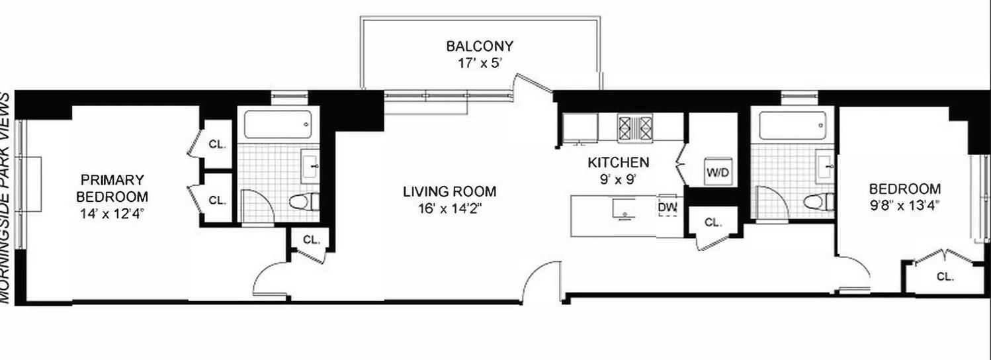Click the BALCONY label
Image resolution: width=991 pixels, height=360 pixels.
pyautogui.click(x=480, y=46)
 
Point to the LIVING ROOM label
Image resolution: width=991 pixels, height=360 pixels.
pyautogui.click(x=450, y=192)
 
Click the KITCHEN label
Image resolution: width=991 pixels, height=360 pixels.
pyautogui.click(x=619, y=162)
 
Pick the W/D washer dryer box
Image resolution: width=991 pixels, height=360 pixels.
pyautogui.click(x=717, y=173)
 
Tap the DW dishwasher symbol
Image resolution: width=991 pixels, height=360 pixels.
pyautogui.click(x=668, y=208)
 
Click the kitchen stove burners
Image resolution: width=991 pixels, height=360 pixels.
pyautogui.click(x=635, y=128)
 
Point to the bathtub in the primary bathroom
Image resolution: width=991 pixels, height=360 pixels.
pyautogui.click(x=277, y=124)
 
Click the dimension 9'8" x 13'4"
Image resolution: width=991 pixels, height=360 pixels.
pyautogui.click(x=904, y=204)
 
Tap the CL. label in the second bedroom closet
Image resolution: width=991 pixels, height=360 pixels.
pyautogui.click(x=945, y=277)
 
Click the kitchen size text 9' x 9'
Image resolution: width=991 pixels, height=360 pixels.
pyautogui.click(x=619, y=177)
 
